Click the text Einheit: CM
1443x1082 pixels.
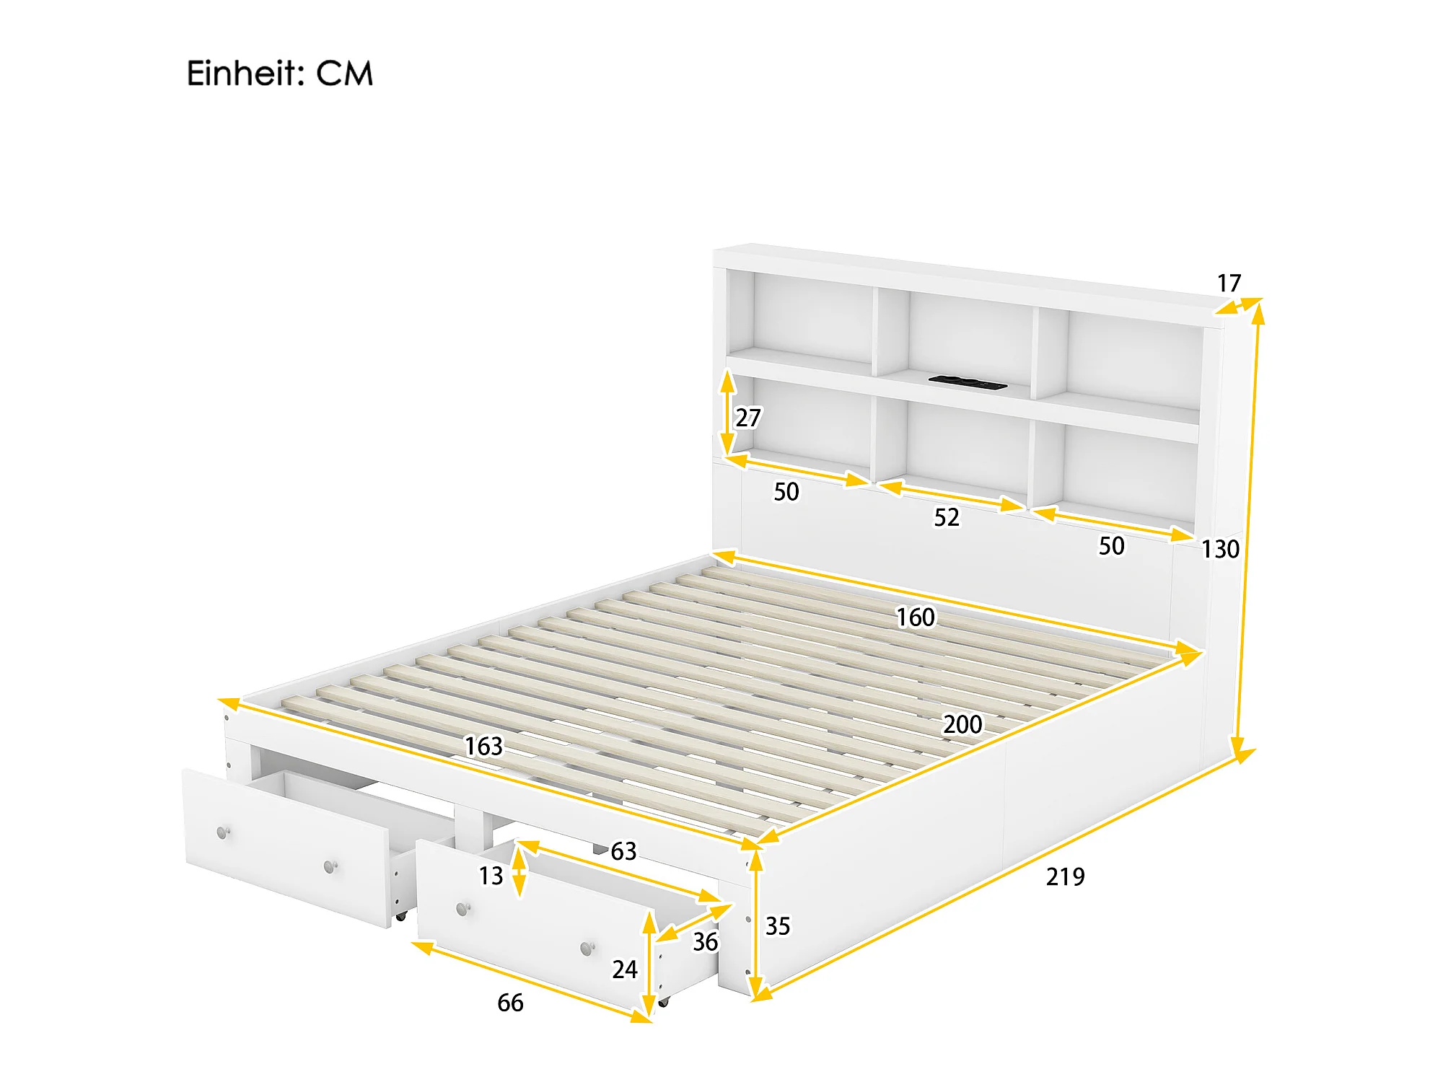[280, 74]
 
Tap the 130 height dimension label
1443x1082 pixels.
[1220, 550]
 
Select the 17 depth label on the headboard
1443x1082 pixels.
[1229, 283]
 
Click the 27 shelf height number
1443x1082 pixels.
[748, 418]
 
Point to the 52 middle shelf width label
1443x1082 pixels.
[947, 517]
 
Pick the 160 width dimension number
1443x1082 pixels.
[915, 617]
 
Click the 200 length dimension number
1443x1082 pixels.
[962, 724]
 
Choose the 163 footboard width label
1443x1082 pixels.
[483, 746]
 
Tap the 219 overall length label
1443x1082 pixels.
[1065, 877]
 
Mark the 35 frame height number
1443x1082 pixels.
[778, 926]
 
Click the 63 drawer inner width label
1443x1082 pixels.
[623, 851]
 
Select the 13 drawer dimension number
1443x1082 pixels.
[491, 876]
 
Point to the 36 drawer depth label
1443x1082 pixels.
[705, 942]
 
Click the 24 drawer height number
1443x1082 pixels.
[625, 969]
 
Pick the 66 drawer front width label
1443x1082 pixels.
[510, 1003]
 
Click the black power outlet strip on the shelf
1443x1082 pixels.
[968, 382]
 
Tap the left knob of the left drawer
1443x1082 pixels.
[224, 833]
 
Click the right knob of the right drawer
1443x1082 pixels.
[588, 948]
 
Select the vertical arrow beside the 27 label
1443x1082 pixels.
[728, 413]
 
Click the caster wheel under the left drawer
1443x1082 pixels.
[400, 915]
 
